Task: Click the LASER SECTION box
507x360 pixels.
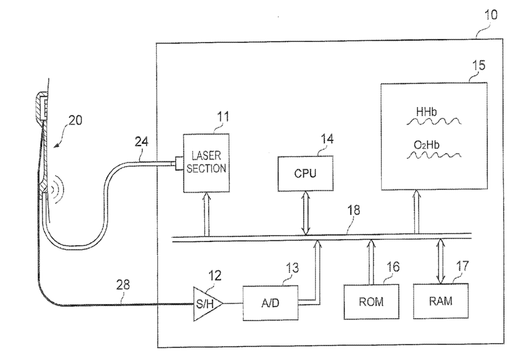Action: point(206,163)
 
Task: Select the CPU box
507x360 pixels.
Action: point(306,173)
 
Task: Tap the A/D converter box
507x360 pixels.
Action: point(271,303)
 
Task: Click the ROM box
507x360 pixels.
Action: point(371,302)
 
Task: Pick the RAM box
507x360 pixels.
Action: point(441,301)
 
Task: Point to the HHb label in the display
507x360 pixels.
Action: point(426,112)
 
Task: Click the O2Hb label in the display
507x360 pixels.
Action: point(427,145)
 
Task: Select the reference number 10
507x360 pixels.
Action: point(491,15)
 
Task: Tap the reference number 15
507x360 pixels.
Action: point(479,65)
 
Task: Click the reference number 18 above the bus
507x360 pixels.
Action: point(353,210)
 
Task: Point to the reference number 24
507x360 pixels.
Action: point(141,142)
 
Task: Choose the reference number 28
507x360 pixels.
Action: point(123,285)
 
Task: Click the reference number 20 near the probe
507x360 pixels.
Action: point(75,120)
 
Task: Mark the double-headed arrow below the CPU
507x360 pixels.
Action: point(306,213)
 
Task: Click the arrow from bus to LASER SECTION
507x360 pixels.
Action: point(207,214)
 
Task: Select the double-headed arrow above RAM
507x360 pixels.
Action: point(441,261)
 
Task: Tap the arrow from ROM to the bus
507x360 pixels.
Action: point(371,262)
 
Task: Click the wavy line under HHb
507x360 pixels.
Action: point(434,122)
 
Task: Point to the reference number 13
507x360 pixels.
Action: point(292,268)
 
